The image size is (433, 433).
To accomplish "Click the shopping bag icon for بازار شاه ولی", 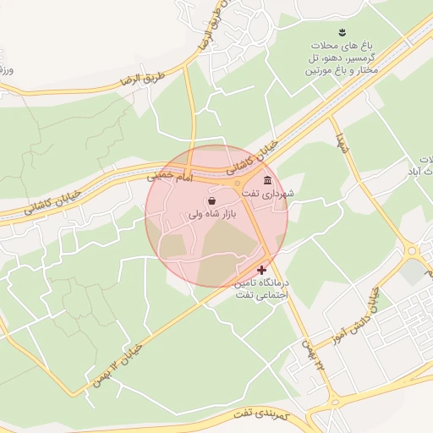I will click(211, 200).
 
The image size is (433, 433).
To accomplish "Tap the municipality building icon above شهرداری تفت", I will click(268, 181).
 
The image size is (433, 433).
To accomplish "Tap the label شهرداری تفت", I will click(268, 194).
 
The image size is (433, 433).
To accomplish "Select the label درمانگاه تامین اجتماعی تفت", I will click(260, 290).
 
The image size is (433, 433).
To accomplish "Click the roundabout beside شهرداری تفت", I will click(238, 184).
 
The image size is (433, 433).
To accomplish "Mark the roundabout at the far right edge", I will click(412, 249).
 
